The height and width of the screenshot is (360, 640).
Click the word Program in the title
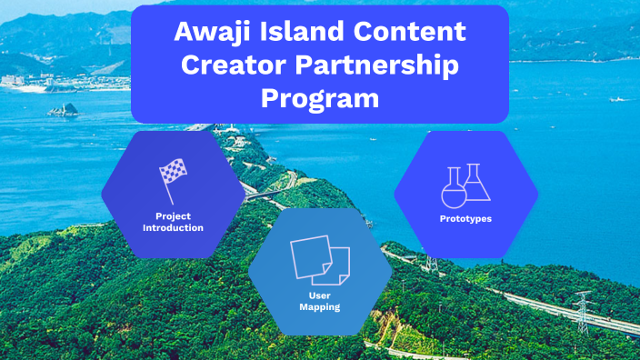tap(320, 98)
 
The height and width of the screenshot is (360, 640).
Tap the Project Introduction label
tap(173, 222)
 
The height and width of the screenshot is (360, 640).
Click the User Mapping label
tap(320, 301)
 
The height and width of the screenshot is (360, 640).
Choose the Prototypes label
tap(465, 219)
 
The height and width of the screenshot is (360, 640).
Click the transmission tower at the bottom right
tap(582, 310)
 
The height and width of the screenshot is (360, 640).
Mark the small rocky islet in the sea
tap(64, 109)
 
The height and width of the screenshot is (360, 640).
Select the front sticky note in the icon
tap(312, 257)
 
